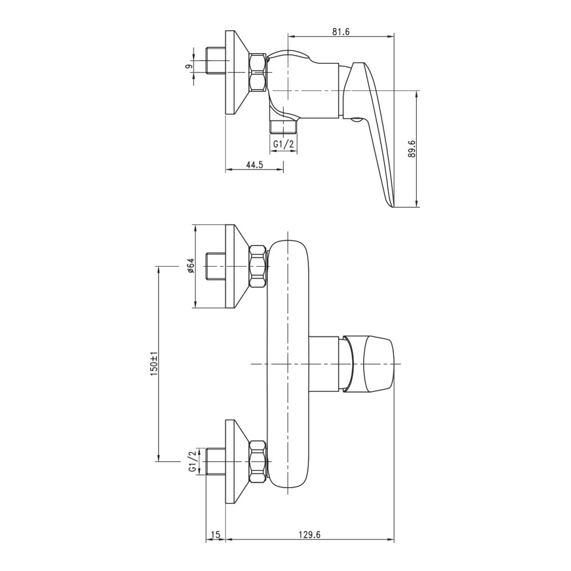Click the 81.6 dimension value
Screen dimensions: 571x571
click(x=340, y=31)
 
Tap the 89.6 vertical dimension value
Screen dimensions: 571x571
click(x=412, y=148)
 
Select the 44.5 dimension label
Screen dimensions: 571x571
click(x=255, y=164)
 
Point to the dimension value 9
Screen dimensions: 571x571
click(x=188, y=66)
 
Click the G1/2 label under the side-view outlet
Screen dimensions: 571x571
click(x=284, y=144)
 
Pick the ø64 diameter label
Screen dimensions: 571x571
click(x=191, y=266)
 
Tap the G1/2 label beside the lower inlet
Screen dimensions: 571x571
click(x=192, y=461)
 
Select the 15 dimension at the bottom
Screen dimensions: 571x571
click(x=216, y=534)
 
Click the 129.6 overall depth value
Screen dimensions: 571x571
click(x=309, y=534)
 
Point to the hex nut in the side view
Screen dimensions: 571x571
click(x=258, y=73)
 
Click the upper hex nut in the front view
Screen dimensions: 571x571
click(x=259, y=267)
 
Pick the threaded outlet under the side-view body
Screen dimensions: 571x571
click(x=284, y=126)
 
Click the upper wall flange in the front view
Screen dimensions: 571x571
click(x=237, y=267)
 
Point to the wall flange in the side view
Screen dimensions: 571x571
click(x=237, y=73)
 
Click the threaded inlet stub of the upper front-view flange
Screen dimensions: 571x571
click(x=216, y=267)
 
